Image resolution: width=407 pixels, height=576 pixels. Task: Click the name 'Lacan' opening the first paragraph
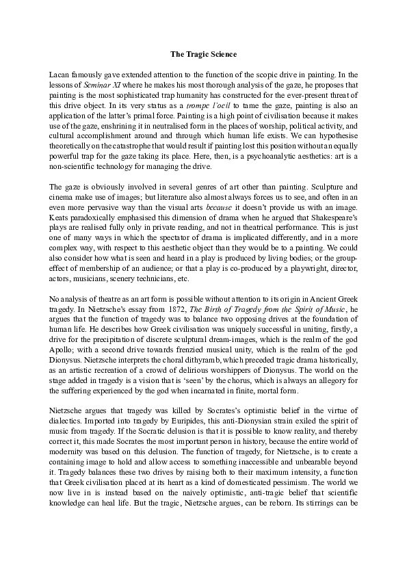point(62,73)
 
